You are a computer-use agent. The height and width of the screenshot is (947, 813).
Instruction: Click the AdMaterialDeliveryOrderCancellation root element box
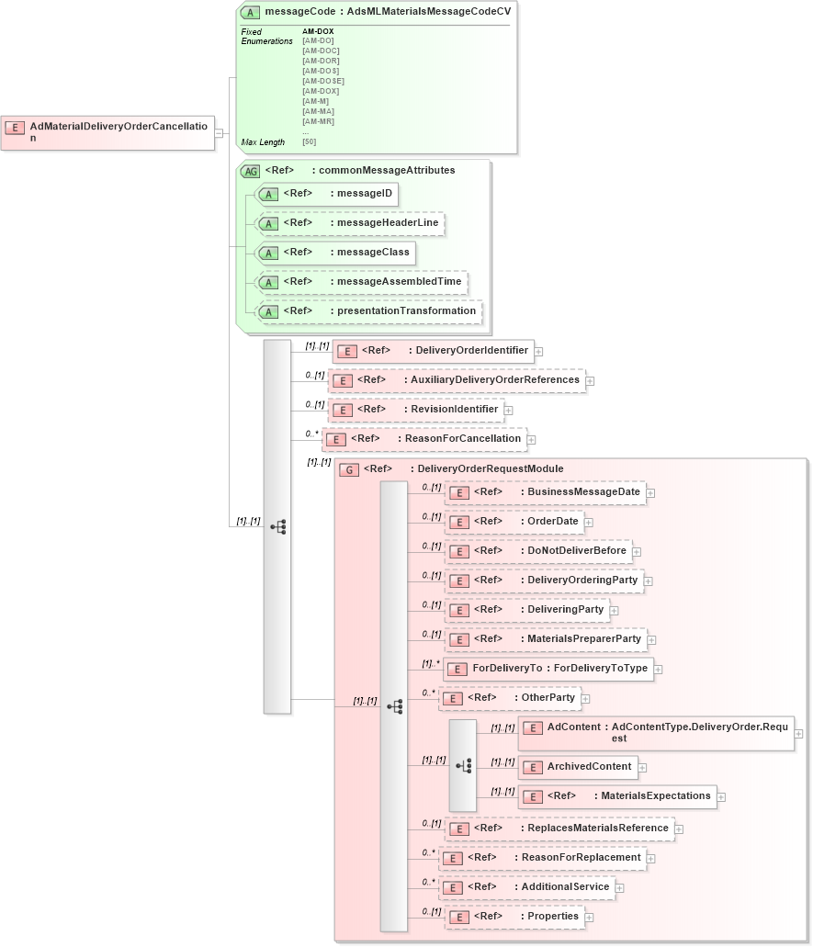pos(108,132)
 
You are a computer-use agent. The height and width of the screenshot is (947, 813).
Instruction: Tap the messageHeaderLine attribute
pos(350,223)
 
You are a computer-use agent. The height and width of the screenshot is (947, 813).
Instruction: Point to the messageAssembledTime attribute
pos(362,282)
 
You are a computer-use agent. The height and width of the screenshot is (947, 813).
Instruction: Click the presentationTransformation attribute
pos(368,311)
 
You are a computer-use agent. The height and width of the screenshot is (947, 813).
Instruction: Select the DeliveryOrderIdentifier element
pos(433,351)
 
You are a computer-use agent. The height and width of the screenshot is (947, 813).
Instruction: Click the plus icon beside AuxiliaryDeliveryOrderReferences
pos(591,380)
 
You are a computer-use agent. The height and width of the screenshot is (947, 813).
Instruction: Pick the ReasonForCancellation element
pos(424,439)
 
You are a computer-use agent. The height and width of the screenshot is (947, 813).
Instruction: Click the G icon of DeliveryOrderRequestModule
pos(349,469)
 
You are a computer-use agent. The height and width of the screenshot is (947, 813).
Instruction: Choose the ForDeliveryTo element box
pos(548,669)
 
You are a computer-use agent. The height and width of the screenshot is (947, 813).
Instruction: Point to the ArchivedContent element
pos(578,767)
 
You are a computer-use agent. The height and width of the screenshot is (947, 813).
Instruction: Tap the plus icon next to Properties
pos(589,917)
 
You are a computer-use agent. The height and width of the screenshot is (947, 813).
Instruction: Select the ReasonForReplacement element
pos(541,858)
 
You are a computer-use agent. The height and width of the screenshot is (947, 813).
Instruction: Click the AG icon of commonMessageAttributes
pos(250,171)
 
